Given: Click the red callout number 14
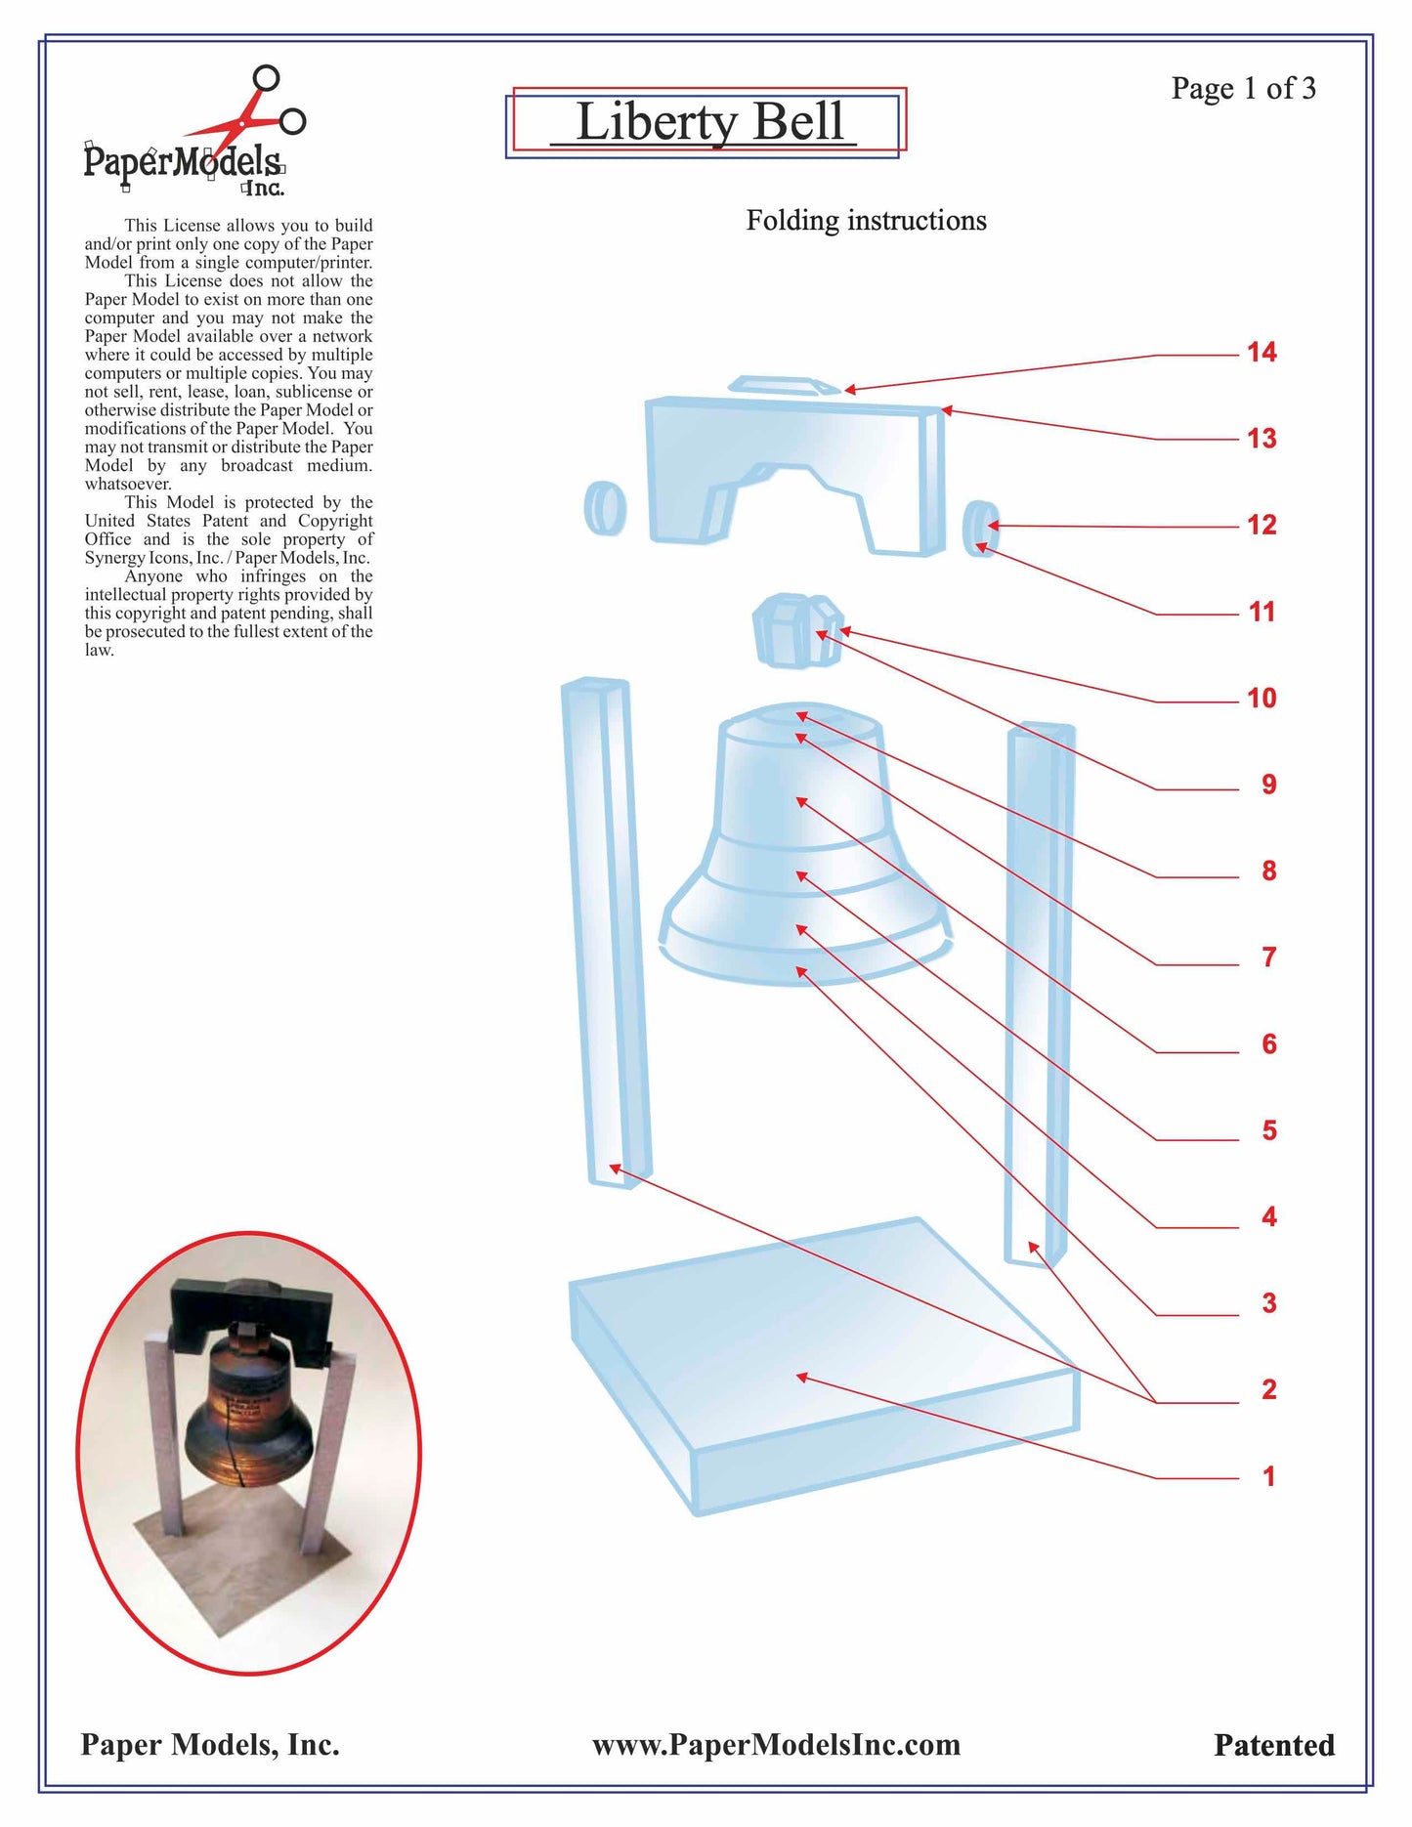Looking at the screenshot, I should click(x=1262, y=353).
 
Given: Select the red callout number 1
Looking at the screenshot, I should click(x=1268, y=1476).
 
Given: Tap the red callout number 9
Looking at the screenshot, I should click(x=1268, y=785).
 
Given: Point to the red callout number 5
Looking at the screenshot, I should click(x=1268, y=1130).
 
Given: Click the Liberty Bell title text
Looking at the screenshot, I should click(x=709, y=122).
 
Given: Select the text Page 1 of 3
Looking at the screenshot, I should click(x=1243, y=89).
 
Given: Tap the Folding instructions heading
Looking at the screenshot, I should click(x=866, y=221).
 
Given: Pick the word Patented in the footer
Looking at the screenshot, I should click(x=1273, y=1745).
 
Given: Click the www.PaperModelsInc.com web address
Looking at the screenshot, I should click(x=776, y=1745).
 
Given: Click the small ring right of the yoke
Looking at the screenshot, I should click(x=980, y=528).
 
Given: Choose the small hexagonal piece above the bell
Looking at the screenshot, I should click(x=796, y=630).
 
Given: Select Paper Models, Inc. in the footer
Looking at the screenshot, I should click(x=210, y=1745).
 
